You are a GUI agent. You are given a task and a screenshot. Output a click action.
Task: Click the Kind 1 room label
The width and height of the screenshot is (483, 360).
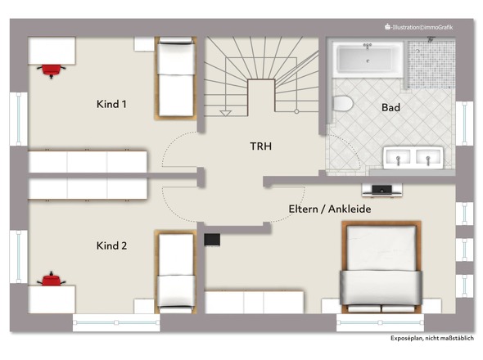tap(111, 104)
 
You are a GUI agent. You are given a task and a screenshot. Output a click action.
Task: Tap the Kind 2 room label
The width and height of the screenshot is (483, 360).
tap(111, 245)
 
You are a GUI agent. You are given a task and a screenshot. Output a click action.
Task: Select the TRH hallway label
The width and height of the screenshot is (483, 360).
tap(261, 146)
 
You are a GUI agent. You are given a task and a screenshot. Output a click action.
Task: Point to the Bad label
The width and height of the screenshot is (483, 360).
tap(390, 107)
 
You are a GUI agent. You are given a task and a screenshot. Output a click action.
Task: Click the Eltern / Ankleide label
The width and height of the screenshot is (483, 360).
tap(330, 209)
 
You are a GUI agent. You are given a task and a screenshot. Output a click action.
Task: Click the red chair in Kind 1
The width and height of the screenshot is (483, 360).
tap(51, 70)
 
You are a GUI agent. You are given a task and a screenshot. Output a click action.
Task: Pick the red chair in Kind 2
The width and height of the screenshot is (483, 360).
tap(51, 279)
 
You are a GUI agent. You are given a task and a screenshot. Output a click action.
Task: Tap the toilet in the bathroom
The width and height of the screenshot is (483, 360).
tap(342, 103)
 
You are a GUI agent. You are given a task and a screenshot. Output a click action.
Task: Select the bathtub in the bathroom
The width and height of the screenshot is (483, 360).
tap(368, 60)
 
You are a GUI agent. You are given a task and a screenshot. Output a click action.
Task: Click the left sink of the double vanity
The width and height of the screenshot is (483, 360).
tap(398, 157)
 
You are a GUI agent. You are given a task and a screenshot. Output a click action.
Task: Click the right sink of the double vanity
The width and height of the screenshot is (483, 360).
tap(427, 157)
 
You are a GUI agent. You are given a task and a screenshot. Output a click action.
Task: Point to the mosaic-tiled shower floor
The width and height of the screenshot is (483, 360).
tap(431, 64)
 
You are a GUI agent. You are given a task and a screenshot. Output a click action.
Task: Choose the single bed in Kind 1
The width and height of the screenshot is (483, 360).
tap(176, 78)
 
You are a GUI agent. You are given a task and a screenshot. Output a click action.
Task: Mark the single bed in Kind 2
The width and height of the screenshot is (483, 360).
tap(176, 272)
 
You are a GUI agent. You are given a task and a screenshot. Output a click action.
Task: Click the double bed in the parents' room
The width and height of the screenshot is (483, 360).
tap(381, 267)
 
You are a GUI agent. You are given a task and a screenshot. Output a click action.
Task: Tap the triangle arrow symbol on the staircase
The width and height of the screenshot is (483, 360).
tap(226, 114)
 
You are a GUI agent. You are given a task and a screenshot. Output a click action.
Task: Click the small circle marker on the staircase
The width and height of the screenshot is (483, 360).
tap(296, 111)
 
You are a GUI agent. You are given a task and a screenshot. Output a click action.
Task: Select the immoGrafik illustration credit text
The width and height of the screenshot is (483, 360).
tap(419, 27)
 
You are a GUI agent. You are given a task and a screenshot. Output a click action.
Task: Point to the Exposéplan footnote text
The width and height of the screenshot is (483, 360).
tap(432, 338)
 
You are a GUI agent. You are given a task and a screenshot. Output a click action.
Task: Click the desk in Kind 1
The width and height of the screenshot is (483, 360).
tap(52, 51)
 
